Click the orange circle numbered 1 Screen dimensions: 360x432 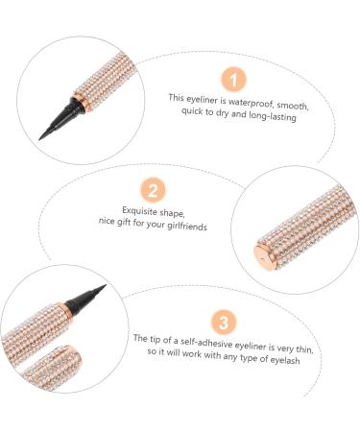point(233,80)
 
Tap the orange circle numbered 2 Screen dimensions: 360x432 point(153,190)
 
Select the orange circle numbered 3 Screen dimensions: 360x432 point(224,322)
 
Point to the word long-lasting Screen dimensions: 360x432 point(273,116)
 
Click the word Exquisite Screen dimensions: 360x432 point(139,210)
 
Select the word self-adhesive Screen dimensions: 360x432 point(206,343)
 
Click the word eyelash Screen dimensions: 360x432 point(285,359)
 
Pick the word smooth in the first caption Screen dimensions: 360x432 point(293,106)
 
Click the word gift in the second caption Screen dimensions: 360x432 point(123,222)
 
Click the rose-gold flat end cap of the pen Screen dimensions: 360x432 point(264,257)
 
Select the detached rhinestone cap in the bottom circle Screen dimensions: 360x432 point(53,367)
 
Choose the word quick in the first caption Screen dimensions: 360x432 point(194,110)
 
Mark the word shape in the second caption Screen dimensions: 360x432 point(172,213)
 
